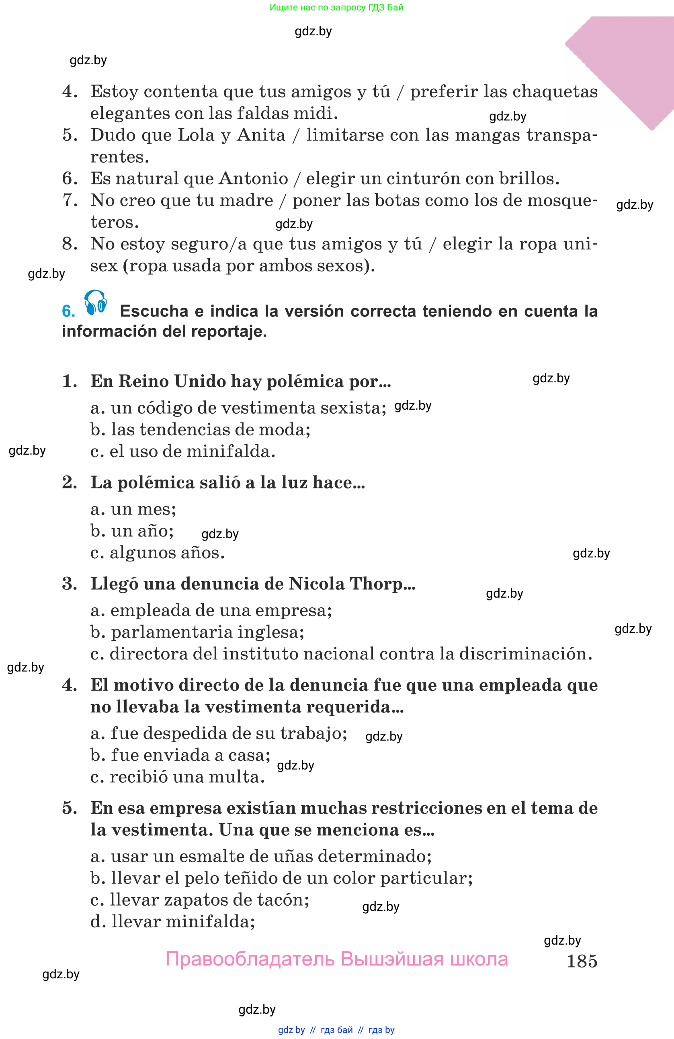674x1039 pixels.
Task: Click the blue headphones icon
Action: [x=96, y=302]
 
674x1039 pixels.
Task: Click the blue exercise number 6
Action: [x=68, y=311]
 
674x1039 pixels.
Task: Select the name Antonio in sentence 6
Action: [x=253, y=179]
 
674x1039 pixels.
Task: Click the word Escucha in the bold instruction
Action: [x=154, y=311]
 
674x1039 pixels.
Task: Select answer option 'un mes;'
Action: [x=133, y=509]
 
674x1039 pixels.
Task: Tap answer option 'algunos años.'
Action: [x=158, y=553]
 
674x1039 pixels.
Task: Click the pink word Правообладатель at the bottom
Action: [x=250, y=959]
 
